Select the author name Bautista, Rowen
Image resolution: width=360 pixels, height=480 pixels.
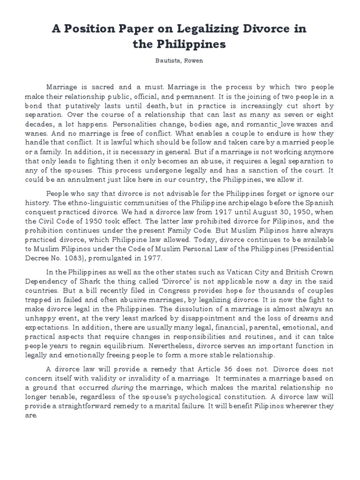click(180, 61)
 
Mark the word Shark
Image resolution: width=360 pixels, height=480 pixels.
click(108, 282)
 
